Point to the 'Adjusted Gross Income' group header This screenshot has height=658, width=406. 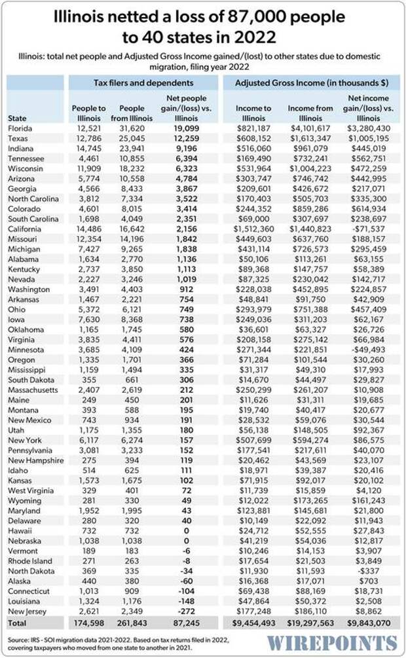click(309, 83)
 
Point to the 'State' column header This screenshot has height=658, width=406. click(18, 118)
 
